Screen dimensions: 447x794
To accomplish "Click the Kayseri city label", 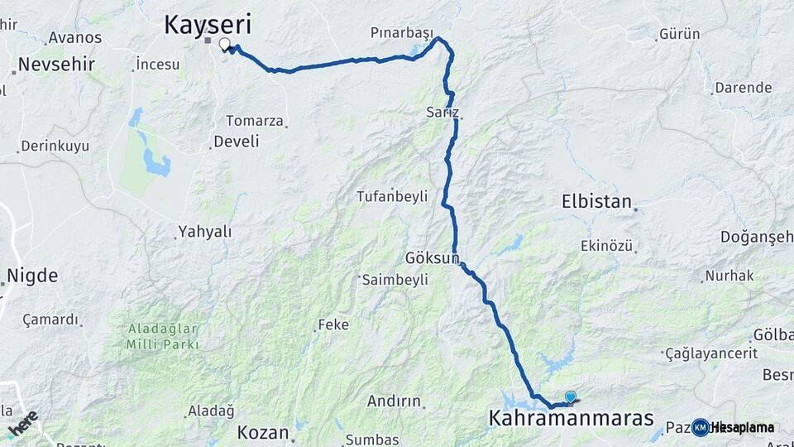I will point(207,24).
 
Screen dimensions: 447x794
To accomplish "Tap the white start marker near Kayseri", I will point(224,44).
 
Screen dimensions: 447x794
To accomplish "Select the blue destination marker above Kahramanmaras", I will point(570,397).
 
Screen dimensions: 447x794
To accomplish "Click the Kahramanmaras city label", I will point(571,418).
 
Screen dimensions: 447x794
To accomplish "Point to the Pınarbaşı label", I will point(402,33).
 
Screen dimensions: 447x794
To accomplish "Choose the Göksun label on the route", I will point(432,257).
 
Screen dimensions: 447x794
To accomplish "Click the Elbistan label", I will point(596,201).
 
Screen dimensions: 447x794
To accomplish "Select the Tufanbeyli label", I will point(391,196).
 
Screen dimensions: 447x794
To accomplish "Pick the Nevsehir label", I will point(56,64).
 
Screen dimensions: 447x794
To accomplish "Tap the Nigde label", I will point(32,275).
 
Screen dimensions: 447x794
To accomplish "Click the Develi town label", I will point(236,142).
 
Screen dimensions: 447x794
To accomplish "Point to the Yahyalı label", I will point(206,232).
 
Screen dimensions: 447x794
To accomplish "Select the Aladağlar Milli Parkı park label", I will point(163,336).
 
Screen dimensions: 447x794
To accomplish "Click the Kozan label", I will point(263,432).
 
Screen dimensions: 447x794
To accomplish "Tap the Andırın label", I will point(394,401).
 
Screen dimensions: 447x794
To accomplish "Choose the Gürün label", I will point(680,34).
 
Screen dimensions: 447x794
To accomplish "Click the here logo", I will point(23,422).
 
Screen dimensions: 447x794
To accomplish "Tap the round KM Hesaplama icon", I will point(701,427).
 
